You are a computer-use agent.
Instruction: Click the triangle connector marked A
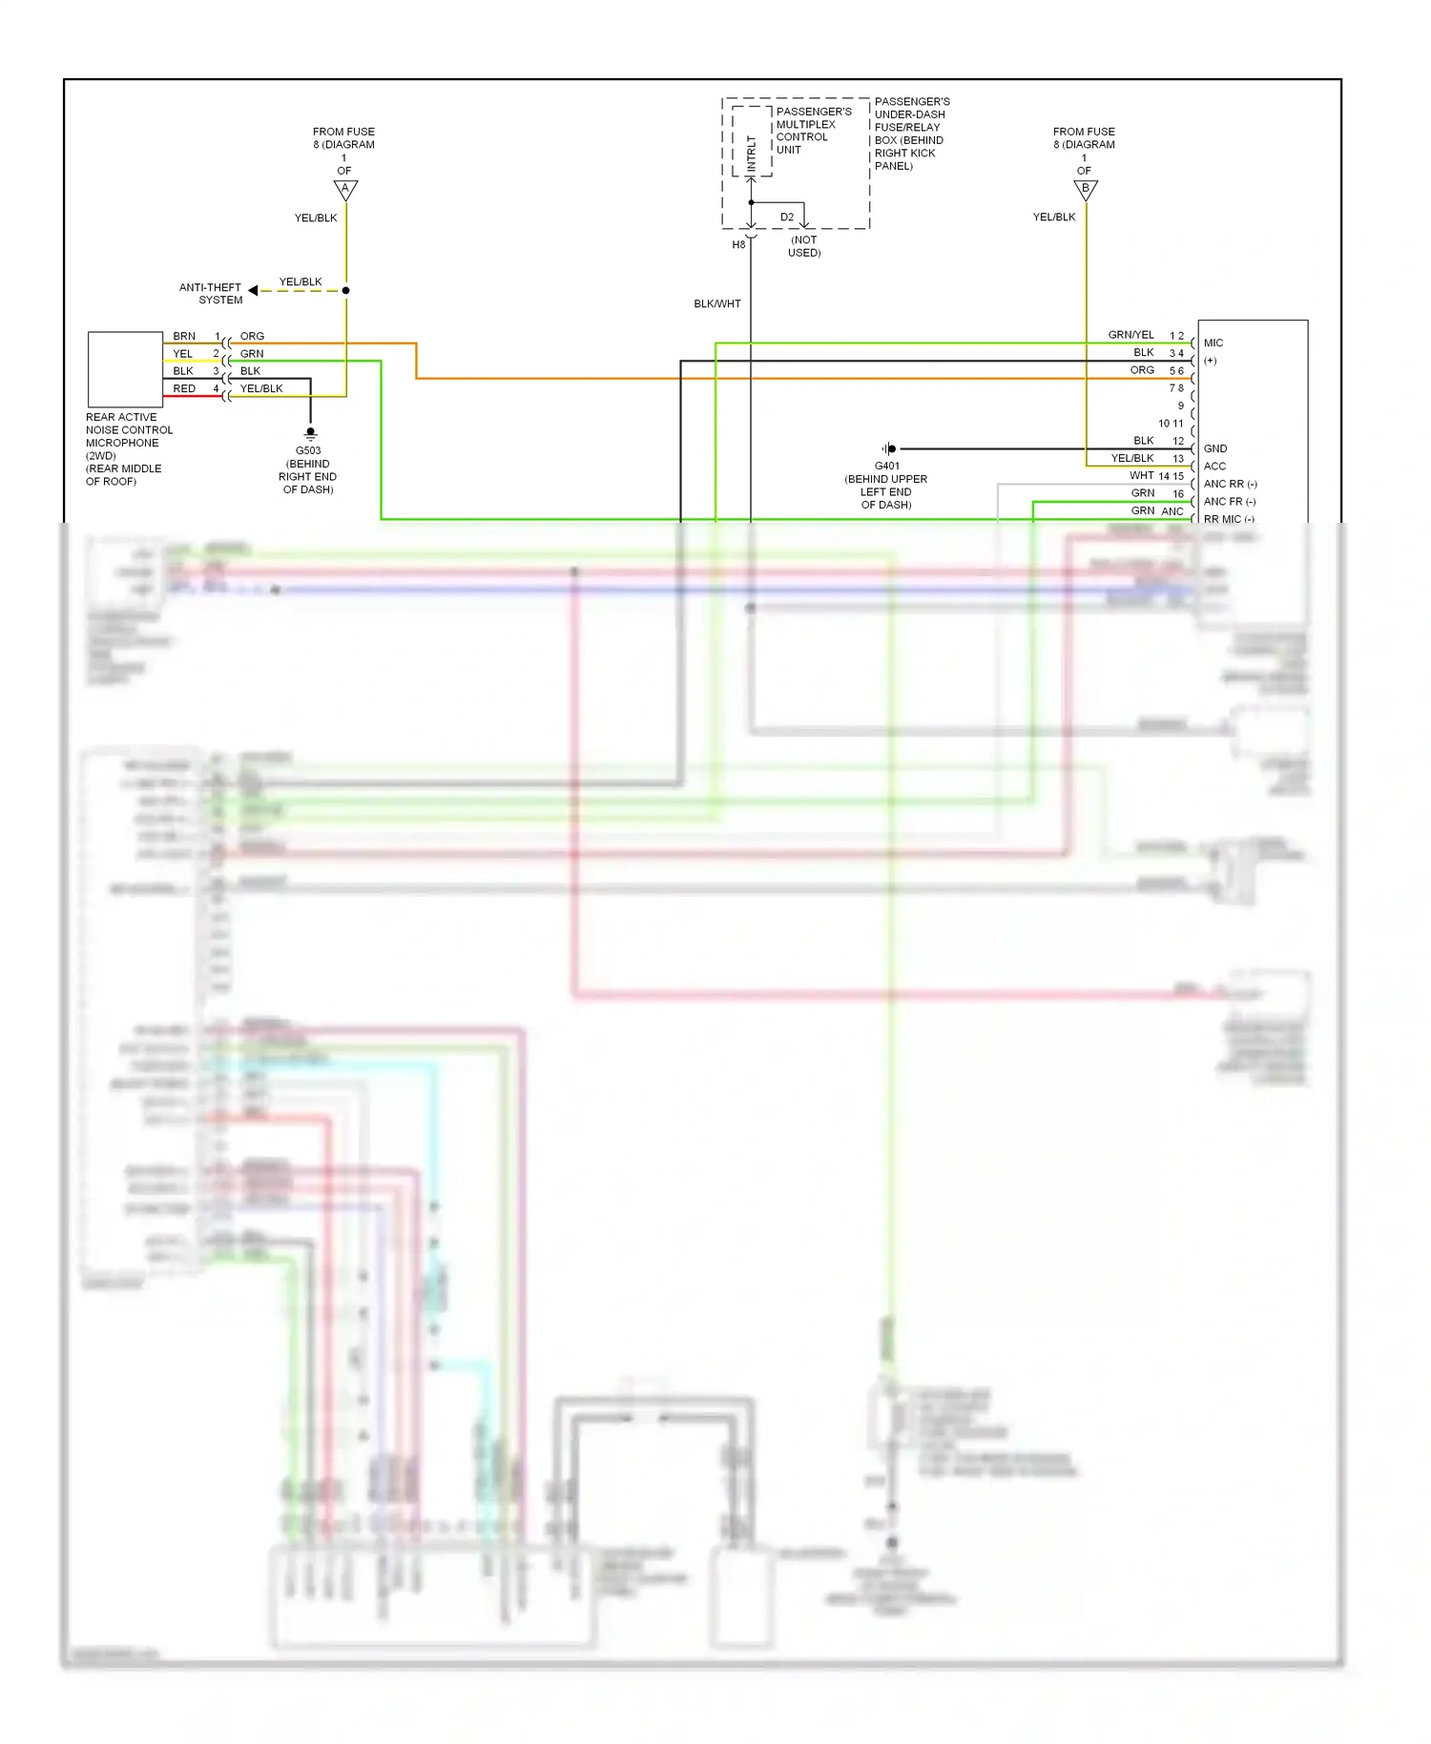coord(345,190)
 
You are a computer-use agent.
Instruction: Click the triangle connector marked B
coord(1086,190)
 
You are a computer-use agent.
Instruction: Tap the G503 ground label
coord(308,450)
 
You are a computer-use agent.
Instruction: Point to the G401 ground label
coord(886,466)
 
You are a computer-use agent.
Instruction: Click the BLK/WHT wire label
coord(716,303)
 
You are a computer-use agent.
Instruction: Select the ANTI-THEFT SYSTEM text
coord(212,293)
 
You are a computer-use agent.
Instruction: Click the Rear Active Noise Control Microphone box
coord(125,369)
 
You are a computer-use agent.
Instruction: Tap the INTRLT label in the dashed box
coord(752,154)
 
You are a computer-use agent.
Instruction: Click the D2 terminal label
coord(787,217)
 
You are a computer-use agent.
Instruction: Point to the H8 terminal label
coord(738,245)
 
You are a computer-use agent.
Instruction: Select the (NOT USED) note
coord(804,246)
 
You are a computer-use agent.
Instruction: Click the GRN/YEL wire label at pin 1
coord(1130,335)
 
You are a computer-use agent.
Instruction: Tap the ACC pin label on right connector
coord(1214,466)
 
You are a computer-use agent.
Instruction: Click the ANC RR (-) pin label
coord(1230,484)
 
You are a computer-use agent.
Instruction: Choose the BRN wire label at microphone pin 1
coord(184,336)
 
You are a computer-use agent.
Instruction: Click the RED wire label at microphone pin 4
coord(184,388)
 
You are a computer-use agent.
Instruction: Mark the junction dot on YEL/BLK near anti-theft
coord(345,290)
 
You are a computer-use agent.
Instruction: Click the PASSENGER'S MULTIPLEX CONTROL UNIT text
coord(813,131)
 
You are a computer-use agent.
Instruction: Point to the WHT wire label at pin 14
coord(1142,475)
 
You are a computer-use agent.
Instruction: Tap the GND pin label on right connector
coord(1214,448)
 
